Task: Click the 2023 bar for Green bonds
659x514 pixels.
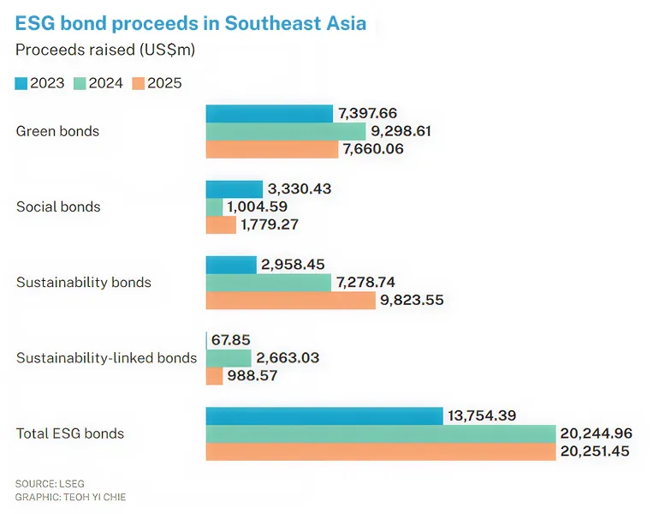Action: pyautogui.click(x=269, y=113)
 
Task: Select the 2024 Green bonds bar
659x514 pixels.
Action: pyautogui.click(x=286, y=131)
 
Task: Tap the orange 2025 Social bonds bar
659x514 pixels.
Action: pyautogui.click(x=221, y=225)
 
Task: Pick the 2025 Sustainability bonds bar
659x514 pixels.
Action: pyautogui.click(x=290, y=301)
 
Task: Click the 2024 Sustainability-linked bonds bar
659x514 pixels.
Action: pyautogui.click(x=229, y=358)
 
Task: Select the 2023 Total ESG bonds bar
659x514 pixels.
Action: pyautogui.click(x=324, y=415)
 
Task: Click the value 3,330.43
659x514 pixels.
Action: pyautogui.click(x=299, y=188)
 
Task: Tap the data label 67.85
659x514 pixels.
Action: pyautogui.click(x=230, y=340)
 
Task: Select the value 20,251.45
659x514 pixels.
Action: pyautogui.click(x=594, y=451)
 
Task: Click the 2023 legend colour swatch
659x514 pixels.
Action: pyautogui.click(x=21, y=83)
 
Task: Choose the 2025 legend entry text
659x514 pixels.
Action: pyautogui.click(x=164, y=83)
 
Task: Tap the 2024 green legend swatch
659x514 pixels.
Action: pyautogui.click(x=80, y=83)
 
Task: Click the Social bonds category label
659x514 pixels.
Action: pyautogui.click(x=58, y=207)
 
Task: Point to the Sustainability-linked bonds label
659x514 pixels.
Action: pyautogui.click(x=106, y=358)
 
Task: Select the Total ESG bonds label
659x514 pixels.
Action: pyautogui.click(x=70, y=433)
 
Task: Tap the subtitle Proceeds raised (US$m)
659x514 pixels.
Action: pyautogui.click(x=105, y=51)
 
